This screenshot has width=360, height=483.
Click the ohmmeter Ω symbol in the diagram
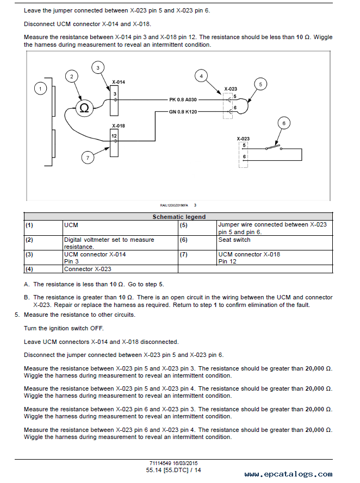tap(84, 108)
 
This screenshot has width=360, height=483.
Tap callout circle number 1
tap(40, 89)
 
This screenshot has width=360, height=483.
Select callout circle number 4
tap(201, 76)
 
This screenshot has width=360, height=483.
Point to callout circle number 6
tap(284, 123)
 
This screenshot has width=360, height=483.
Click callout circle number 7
tap(88, 158)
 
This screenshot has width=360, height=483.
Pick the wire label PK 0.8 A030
tap(183, 100)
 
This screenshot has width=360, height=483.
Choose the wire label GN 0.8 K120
tap(183, 112)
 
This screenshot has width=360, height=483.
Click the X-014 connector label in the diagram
tap(119, 82)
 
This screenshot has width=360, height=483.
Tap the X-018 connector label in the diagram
tap(119, 126)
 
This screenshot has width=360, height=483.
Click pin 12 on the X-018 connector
tap(114, 136)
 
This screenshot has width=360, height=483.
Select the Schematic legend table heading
tap(179, 217)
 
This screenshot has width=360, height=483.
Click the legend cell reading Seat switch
tap(234, 240)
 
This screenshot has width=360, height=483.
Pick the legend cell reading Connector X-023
tap(88, 269)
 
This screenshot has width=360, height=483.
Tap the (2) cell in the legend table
tap(29, 240)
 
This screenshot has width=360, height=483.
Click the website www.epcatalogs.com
tap(289, 474)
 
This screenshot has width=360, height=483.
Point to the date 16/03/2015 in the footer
tap(185, 463)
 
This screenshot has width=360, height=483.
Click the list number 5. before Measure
tap(17, 315)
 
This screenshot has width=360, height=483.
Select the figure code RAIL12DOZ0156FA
tap(174, 205)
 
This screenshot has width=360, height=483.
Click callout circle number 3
tap(98, 68)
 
